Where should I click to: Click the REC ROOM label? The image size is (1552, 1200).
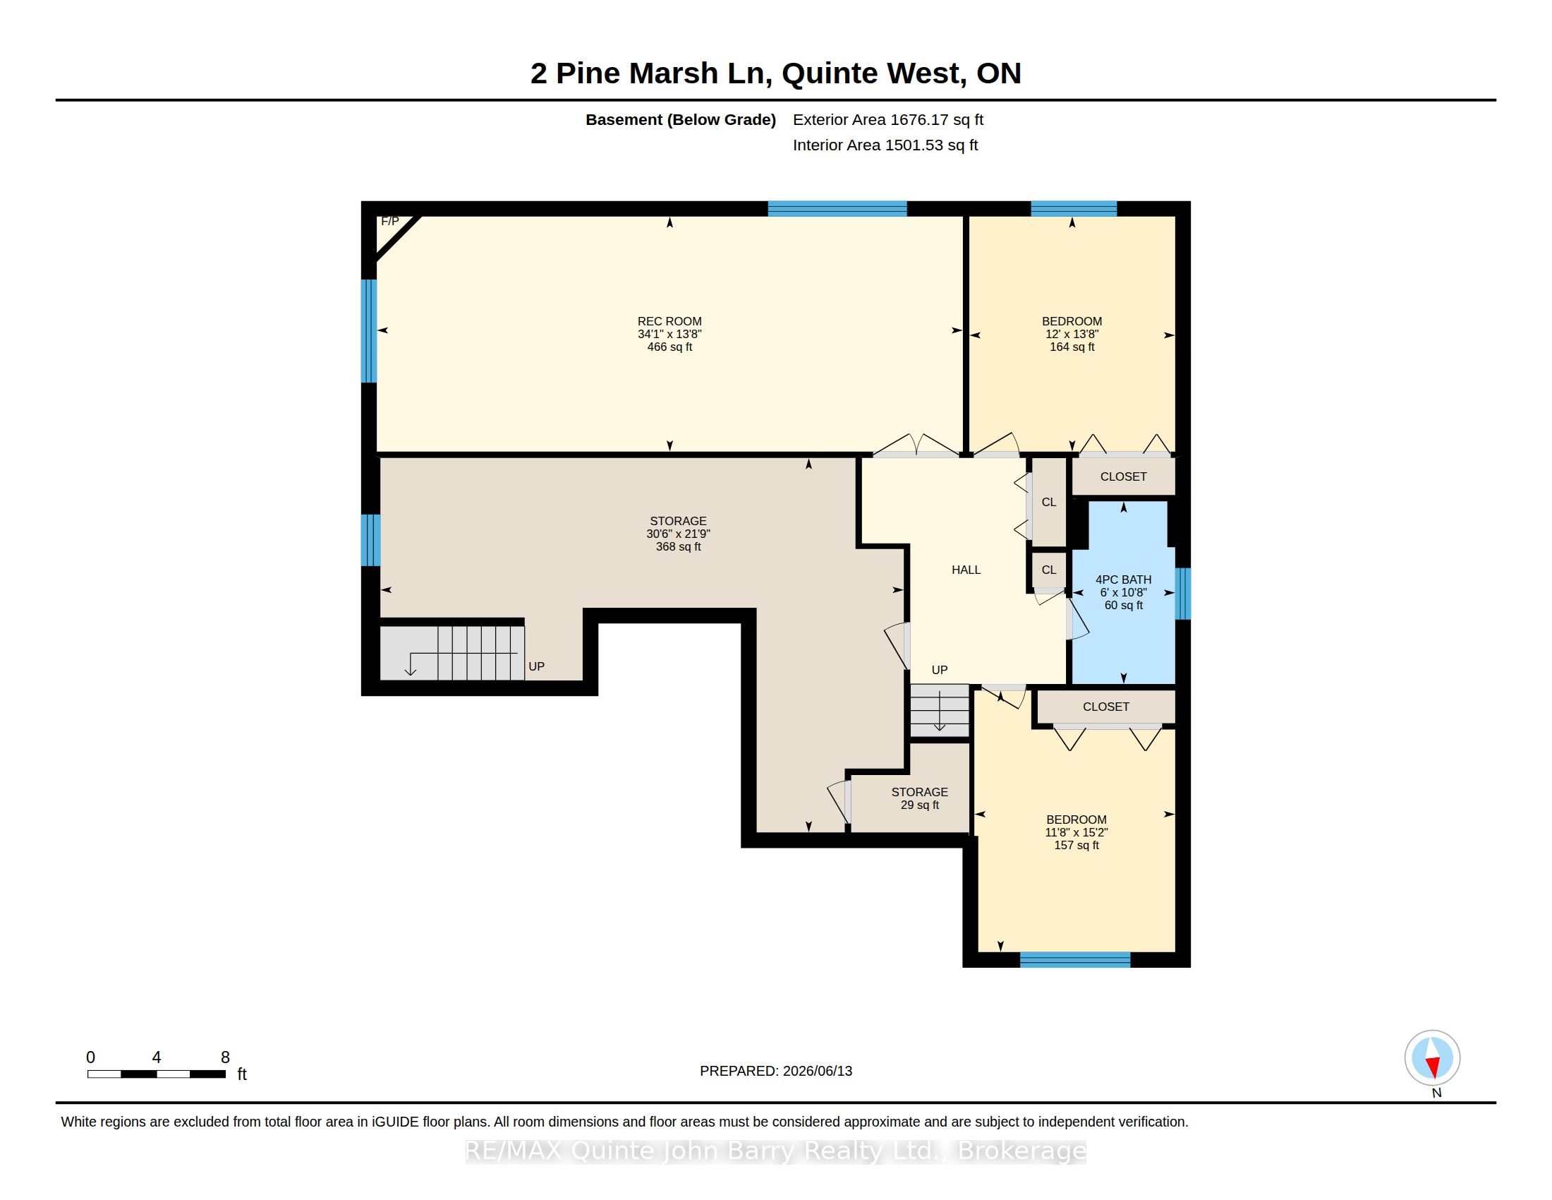669,321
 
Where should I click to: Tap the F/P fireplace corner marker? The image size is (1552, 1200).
390,222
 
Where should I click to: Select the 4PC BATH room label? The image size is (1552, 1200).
1123,580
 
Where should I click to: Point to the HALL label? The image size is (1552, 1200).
966,570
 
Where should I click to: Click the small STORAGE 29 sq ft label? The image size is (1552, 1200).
919,798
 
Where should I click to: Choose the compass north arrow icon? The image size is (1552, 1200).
1432,1058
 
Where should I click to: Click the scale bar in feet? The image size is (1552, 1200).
157,1074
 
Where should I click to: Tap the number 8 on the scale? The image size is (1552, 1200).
225,1057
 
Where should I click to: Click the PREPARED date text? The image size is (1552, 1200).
776,1071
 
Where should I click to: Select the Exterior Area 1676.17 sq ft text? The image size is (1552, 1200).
887,119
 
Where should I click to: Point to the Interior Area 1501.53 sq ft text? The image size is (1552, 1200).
885,145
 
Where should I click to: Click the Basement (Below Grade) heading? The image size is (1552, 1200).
680,119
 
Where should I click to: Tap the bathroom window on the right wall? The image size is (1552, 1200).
1182,594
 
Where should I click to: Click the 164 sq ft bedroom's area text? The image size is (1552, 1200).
1072,347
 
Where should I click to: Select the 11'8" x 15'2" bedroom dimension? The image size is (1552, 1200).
1076,832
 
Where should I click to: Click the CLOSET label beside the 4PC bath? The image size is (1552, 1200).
1123,476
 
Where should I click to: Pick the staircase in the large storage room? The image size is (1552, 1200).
452,653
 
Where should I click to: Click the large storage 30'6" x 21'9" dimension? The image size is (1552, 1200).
678,534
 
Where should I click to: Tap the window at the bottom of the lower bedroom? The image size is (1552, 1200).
1074,960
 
